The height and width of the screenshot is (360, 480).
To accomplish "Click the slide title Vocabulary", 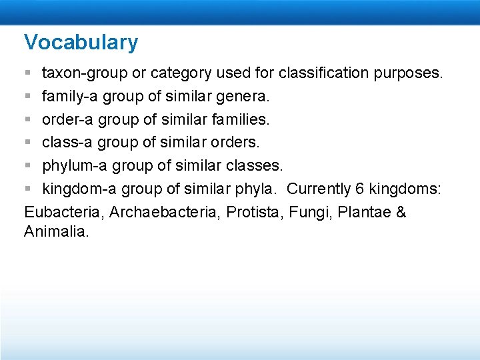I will tap(81, 42).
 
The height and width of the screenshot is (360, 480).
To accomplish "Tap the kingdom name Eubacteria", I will tap(63, 213).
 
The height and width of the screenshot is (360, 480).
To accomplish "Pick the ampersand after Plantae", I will tap(400, 213).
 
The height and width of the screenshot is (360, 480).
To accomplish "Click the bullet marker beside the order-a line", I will tap(27, 119).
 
